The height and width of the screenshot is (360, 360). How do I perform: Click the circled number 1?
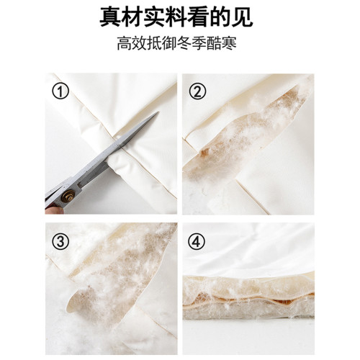coord(60,91)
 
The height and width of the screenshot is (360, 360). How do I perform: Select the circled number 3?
coord(60,240)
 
